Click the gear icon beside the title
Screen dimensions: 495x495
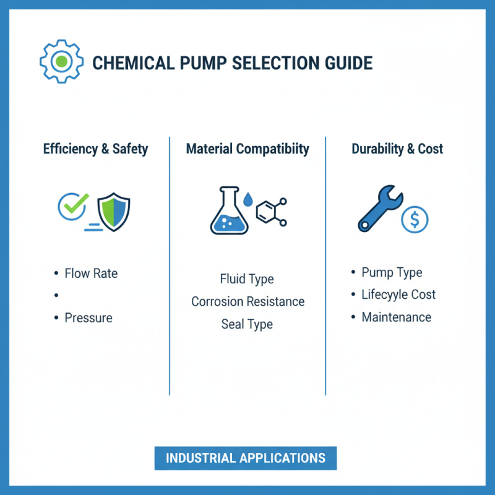61,62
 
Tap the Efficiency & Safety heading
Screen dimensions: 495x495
96,149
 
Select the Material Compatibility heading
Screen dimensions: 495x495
247,149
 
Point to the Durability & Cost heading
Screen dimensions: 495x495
397,149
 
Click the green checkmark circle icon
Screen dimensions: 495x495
73,206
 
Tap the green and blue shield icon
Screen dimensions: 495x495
114,211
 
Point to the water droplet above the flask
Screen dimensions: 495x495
248,199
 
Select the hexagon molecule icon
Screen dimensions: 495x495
270,212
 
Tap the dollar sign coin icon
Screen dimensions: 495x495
415,220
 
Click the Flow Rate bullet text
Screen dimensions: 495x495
91,273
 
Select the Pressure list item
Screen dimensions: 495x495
88,318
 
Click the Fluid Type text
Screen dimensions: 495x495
247,279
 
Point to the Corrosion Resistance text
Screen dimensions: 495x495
247,301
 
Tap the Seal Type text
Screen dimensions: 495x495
247,324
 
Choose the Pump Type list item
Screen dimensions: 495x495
392,272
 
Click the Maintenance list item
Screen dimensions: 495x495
396,317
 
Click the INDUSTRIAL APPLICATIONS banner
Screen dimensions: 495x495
246,458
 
